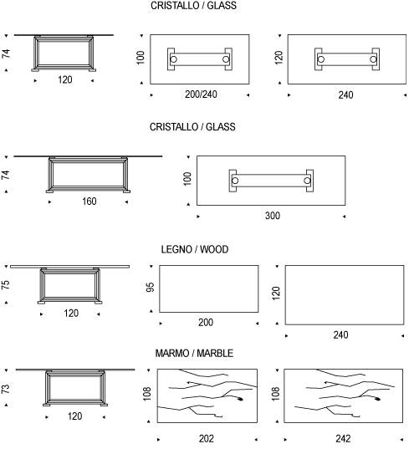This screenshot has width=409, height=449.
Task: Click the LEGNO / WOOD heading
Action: point(195,249)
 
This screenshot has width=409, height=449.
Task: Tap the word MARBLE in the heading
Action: point(215,353)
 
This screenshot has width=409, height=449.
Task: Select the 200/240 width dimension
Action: point(201,94)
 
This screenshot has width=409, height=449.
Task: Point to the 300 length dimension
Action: point(273,216)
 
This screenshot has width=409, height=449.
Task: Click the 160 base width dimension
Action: point(89,202)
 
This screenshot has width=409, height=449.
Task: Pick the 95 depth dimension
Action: point(150,288)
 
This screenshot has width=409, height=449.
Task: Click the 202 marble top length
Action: point(207,439)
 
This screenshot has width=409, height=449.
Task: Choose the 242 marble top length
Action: point(343,439)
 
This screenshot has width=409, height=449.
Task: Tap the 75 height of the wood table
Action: point(6,284)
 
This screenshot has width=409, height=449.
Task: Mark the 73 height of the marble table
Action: point(6,389)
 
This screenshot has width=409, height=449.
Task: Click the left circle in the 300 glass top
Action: point(235,181)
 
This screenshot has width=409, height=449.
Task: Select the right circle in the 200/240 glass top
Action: point(226,59)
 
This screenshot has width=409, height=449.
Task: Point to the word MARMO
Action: point(174,353)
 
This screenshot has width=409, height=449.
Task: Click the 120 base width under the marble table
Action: point(74,416)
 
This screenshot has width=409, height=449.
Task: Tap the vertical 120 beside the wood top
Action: point(275,293)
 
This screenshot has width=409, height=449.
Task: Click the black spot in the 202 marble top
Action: point(240,399)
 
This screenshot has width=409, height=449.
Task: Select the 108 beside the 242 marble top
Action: point(275,394)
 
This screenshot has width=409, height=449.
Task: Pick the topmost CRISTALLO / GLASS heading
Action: point(193,6)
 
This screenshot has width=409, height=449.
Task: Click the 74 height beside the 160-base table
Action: point(6,175)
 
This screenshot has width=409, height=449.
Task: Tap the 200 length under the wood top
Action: point(206,323)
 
